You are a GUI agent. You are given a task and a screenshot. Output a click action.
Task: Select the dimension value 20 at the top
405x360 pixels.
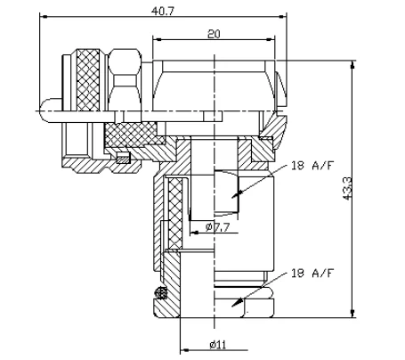tap(215, 34)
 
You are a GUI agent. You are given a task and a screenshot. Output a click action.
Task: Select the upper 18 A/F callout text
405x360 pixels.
tap(312, 165)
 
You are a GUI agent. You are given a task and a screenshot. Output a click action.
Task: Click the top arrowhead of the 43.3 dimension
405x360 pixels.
tap(353, 63)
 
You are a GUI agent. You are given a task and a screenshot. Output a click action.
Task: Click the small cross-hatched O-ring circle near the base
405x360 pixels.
tap(162, 294)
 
